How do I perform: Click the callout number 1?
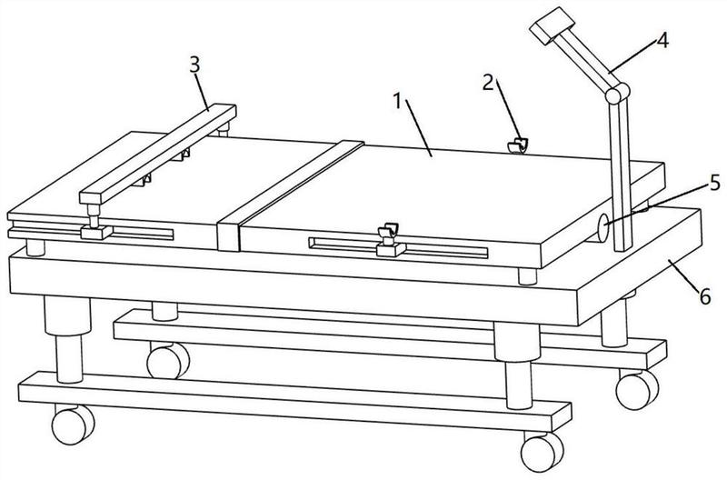[x=397, y=101]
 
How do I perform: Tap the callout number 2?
[x=488, y=83]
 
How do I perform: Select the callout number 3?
[x=195, y=65]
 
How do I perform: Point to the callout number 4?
[x=663, y=40]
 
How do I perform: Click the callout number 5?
[x=714, y=183]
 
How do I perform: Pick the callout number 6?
[x=705, y=296]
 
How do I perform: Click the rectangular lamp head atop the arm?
[x=552, y=25]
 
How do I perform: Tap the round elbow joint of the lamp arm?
[x=617, y=93]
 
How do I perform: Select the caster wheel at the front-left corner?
[x=73, y=425]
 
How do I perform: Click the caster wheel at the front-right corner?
[x=542, y=453]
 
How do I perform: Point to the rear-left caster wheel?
[x=168, y=361]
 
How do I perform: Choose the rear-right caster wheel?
[x=637, y=390]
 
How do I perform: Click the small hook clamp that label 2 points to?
[x=518, y=145]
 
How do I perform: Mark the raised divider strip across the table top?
[x=290, y=195]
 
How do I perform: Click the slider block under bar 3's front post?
[x=96, y=232]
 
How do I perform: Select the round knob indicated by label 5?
[x=603, y=227]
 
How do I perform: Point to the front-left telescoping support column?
[x=67, y=339]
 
